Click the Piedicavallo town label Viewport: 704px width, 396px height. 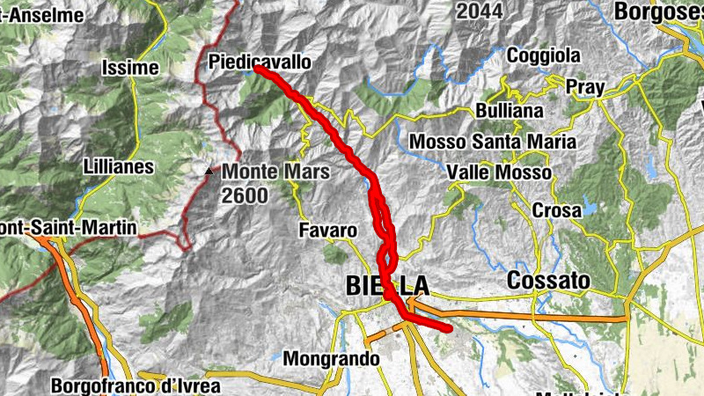pos(260,62)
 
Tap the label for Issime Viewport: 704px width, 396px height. pos(129,68)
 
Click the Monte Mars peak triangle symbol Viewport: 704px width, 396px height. pos(209,171)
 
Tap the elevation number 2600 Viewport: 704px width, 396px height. pos(245,195)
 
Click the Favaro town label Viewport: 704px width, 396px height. pos(327,231)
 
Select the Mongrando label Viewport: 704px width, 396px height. pos(331,359)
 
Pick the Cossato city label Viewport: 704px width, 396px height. pos(547,281)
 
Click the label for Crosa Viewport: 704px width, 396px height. pos(556,211)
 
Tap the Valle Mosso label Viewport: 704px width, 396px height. pos(499,172)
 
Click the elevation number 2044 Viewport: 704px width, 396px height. pos(480,11)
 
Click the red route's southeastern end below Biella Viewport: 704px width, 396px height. pos(448,329)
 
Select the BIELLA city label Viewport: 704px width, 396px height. pos(387,285)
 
